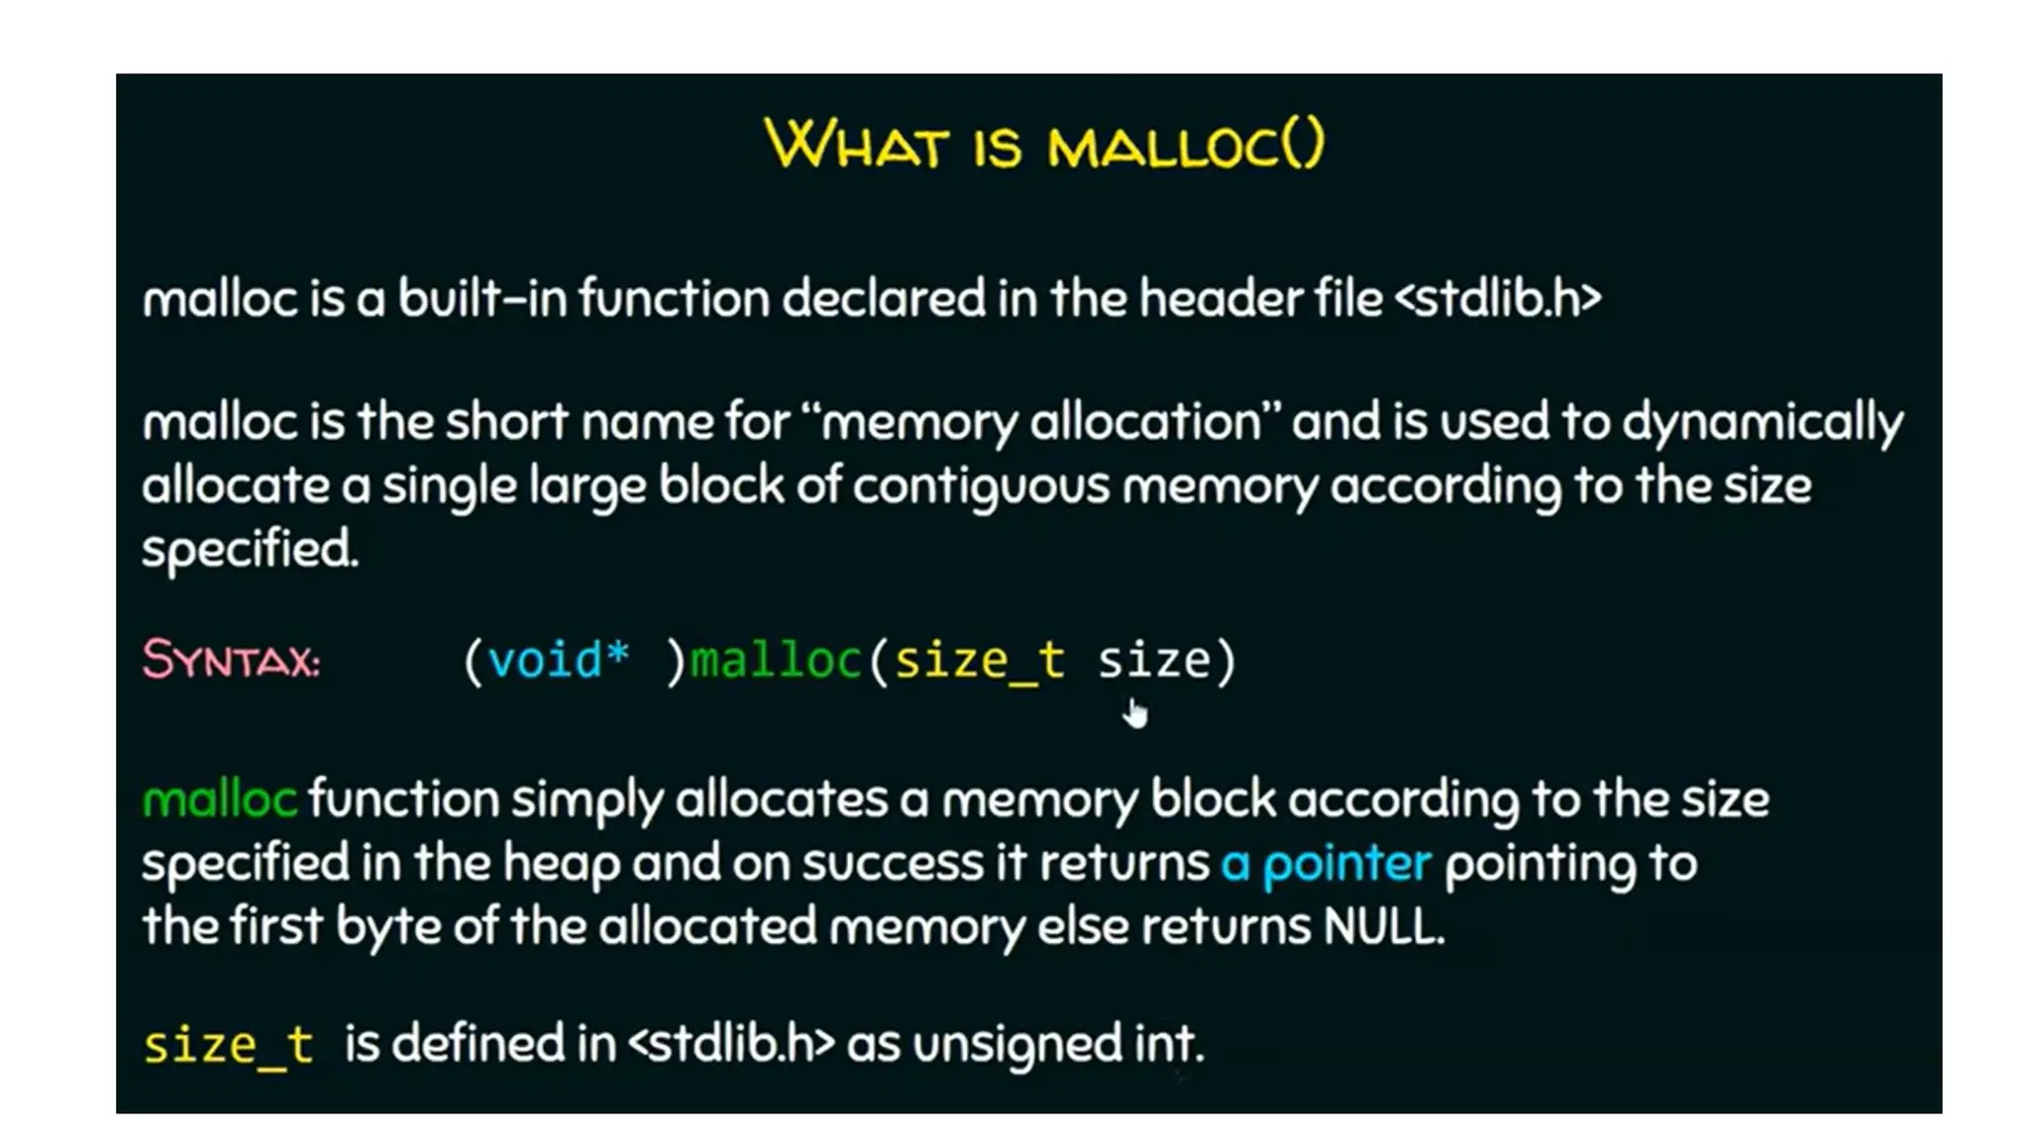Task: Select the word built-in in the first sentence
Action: click(x=482, y=298)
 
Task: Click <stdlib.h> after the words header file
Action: click(x=1498, y=298)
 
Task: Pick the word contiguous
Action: click(x=981, y=486)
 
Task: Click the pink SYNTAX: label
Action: click(x=231, y=660)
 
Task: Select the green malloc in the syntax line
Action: click(x=776, y=660)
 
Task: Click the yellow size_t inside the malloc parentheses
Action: click(x=979, y=660)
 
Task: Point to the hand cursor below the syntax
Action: click(x=1135, y=713)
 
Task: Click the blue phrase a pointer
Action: click(x=1326, y=864)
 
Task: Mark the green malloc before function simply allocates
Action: click(x=219, y=800)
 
